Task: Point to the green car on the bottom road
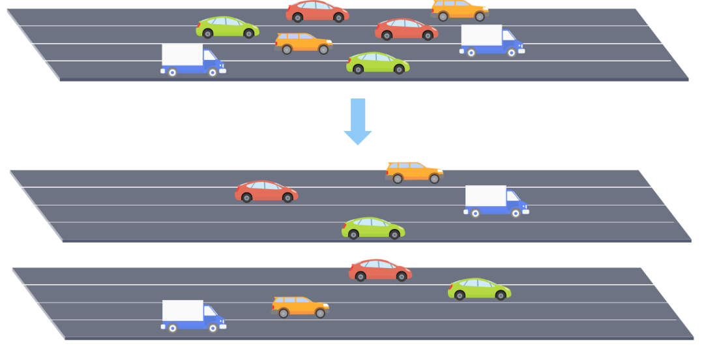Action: click(x=479, y=290)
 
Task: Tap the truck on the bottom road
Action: click(x=193, y=316)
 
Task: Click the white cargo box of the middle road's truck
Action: click(x=486, y=196)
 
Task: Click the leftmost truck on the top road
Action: click(x=192, y=60)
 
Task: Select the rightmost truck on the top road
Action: click(x=491, y=40)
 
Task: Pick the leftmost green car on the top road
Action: click(x=227, y=27)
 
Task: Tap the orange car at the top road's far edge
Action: click(x=459, y=10)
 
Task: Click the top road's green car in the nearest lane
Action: click(x=377, y=63)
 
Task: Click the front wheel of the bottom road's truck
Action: click(x=213, y=329)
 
